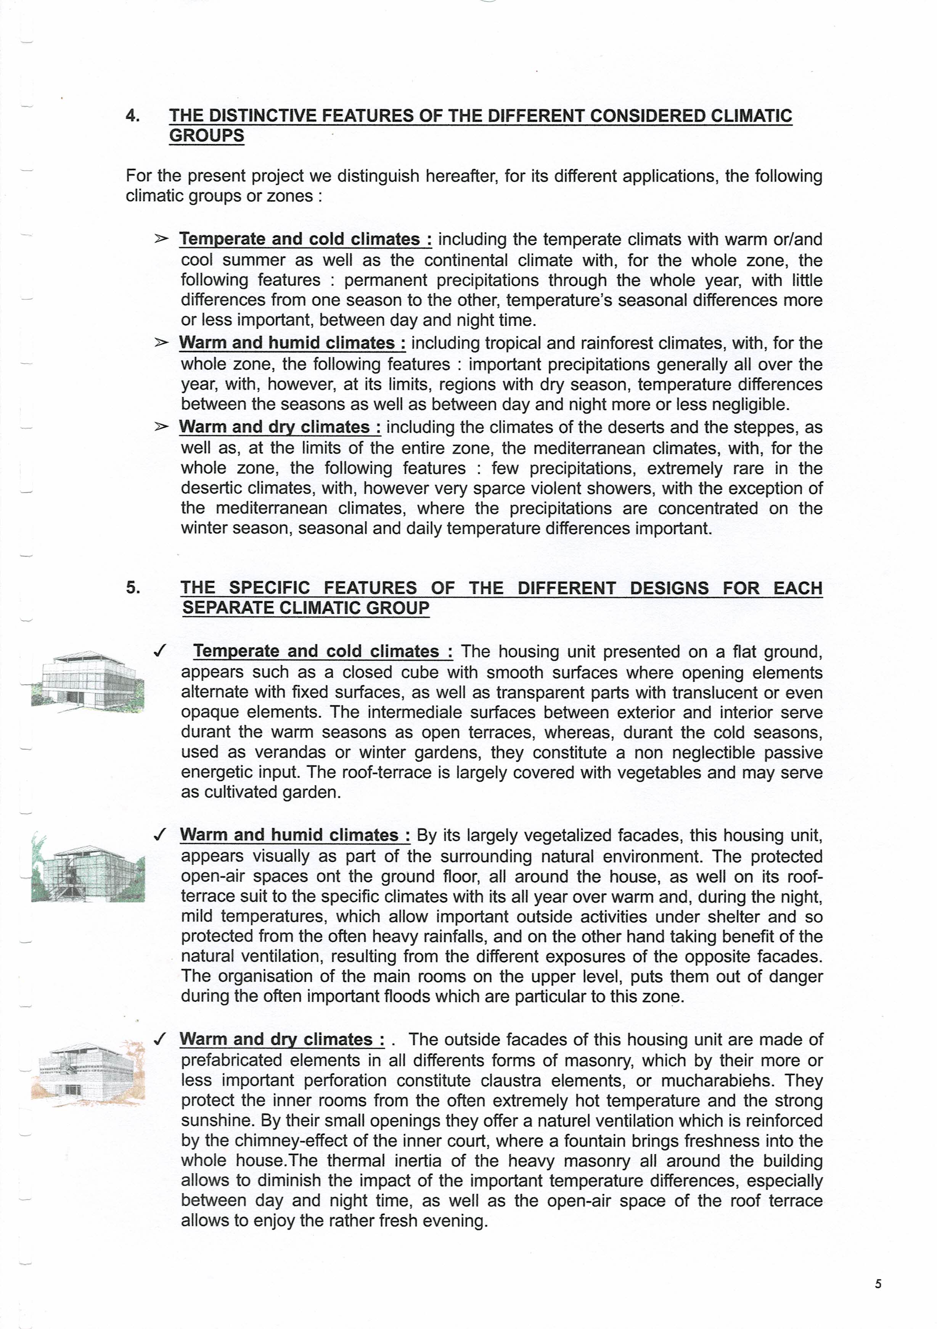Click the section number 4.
pos(133,116)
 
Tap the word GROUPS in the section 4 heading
pos(207,136)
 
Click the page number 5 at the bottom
pos(878,1284)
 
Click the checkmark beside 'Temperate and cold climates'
pos(160,651)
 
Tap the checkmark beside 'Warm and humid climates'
pos(160,835)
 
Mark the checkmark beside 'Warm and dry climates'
pos(160,1039)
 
